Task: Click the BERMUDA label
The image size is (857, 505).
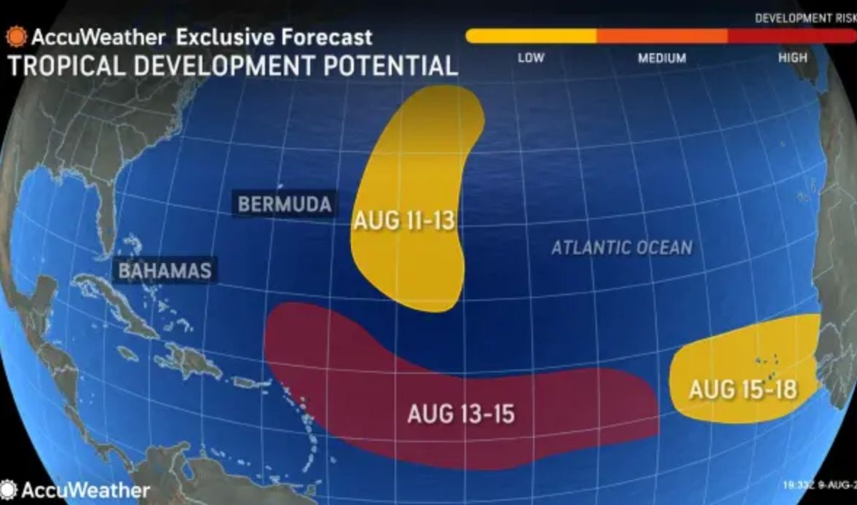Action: coord(285,204)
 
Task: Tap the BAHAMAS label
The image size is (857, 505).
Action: coord(165,271)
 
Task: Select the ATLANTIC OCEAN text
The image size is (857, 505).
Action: coord(621,248)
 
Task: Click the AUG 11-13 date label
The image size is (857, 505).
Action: coord(405,222)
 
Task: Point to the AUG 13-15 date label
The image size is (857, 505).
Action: coord(461,414)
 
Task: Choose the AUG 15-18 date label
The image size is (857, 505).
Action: coord(743,389)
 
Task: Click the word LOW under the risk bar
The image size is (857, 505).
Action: coord(530,58)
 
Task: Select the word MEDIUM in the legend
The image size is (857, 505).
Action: coord(662,58)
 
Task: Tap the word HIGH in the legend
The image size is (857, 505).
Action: coord(792,58)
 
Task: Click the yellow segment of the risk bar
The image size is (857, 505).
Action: coord(532,36)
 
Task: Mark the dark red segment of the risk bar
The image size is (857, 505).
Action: coord(790,36)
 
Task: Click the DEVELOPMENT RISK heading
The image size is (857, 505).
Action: coord(805,18)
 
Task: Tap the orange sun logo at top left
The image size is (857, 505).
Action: coord(16,36)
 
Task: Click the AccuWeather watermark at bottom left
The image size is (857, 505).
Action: coord(76,490)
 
